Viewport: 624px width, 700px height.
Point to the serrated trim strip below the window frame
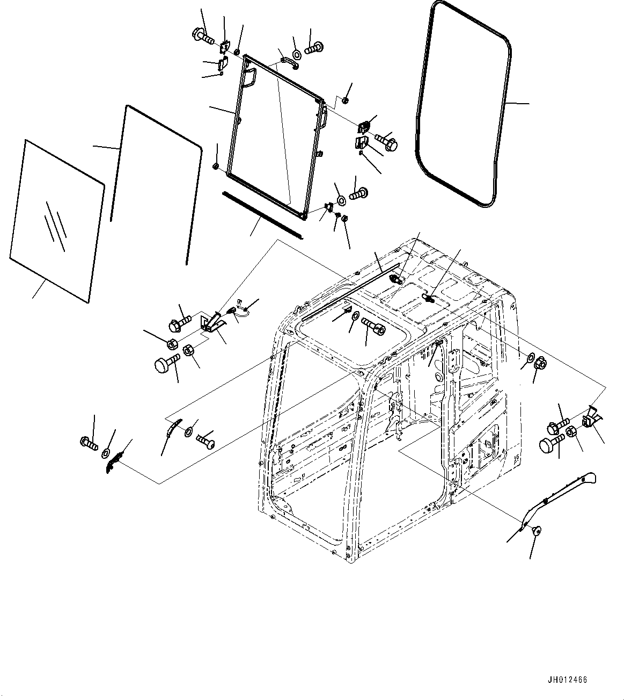click(262, 213)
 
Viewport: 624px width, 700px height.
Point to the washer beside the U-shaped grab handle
click(296, 54)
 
